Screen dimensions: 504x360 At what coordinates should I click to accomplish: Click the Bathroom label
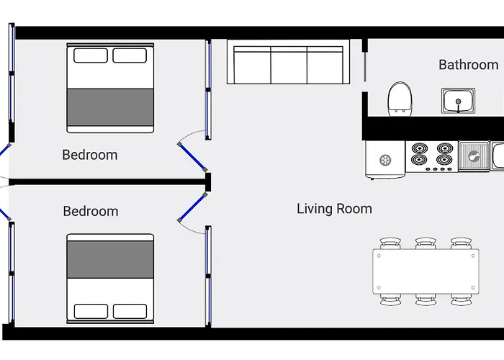(x=469, y=65)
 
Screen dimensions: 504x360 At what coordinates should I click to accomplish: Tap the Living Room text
(x=334, y=209)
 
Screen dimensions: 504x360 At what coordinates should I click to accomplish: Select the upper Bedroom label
(x=90, y=155)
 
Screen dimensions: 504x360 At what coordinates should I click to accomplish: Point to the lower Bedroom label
(x=91, y=211)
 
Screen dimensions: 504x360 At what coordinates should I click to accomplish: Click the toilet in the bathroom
(x=400, y=99)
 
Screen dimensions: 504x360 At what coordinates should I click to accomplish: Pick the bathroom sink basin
(x=459, y=101)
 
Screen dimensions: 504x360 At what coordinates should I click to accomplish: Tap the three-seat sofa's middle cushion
(x=289, y=65)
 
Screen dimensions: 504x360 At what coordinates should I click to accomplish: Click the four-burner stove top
(x=432, y=156)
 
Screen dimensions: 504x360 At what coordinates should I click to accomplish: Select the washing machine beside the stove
(x=385, y=160)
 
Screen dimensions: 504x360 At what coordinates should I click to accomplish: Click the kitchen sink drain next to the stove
(x=474, y=156)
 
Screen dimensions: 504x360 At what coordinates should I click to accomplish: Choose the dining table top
(x=426, y=271)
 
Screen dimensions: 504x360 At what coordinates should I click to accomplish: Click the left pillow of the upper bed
(x=91, y=55)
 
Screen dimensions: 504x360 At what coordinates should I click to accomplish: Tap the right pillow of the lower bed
(x=130, y=311)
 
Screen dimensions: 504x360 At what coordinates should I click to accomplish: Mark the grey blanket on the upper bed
(x=110, y=107)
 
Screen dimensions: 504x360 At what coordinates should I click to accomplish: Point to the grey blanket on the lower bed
(x=110, y=260)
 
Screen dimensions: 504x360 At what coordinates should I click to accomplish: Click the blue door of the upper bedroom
(x=192, y=157)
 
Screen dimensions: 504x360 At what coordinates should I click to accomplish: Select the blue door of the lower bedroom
(x=192, y=207)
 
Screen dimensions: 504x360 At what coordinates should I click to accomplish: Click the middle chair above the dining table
(x=426, y=243)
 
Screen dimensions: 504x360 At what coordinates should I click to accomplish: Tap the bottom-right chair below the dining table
(x=462, y=300)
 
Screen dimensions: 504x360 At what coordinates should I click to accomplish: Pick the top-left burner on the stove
(x=420, y=148)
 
